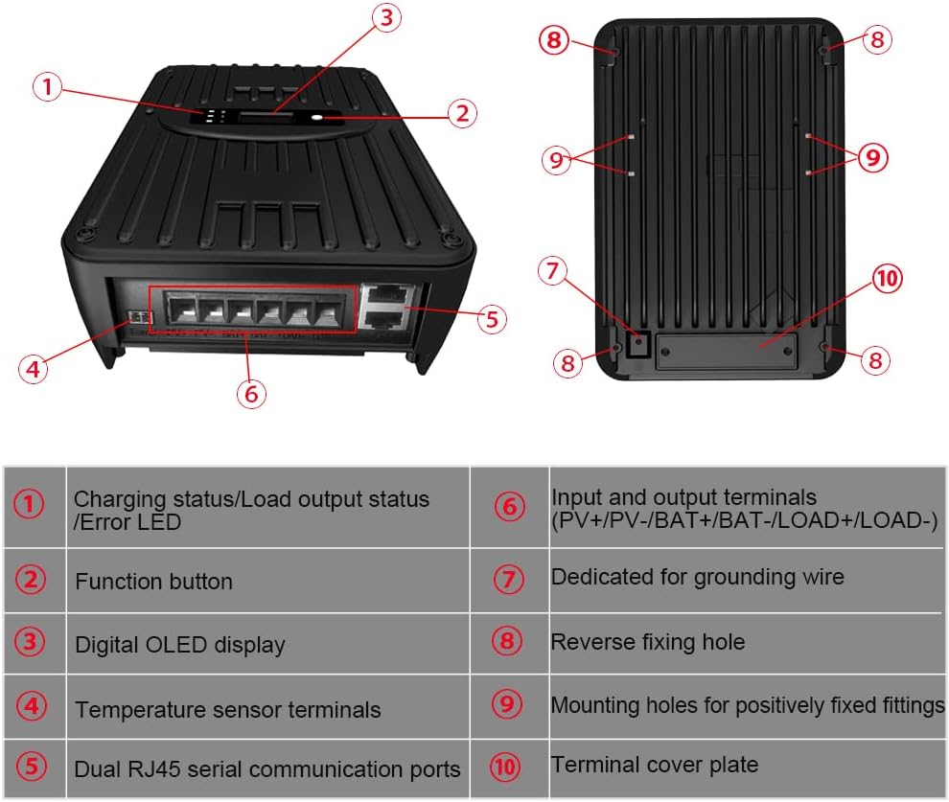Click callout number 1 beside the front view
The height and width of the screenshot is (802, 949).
click(48, 88)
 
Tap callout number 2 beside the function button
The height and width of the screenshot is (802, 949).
click(461, 113)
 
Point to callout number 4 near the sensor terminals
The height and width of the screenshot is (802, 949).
click(34, 368)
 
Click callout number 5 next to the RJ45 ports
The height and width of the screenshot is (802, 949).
click(491, 319)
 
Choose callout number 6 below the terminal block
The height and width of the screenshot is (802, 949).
click(250, 394)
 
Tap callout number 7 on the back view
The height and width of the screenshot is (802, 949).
click(552, 271)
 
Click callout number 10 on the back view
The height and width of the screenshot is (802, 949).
click(888, 279)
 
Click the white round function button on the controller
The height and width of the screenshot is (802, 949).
click(319, 119)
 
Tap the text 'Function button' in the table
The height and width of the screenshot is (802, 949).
click(153, 582)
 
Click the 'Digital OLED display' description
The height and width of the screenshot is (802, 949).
click(179, 645)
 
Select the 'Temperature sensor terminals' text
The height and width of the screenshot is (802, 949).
click(227, 710)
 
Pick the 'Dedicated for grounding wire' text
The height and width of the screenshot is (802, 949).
click(697, 577)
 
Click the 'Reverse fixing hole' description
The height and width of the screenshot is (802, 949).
click(647, 642)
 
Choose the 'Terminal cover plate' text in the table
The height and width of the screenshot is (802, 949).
click(654, 765)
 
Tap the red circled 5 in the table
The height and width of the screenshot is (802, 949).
click(32, 768)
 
